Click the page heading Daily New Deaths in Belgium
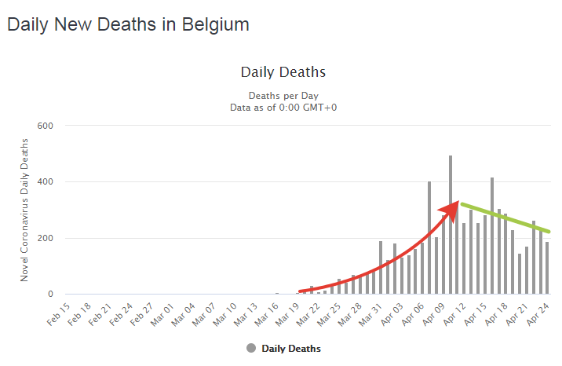pos(128,24)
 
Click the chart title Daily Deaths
pos(283,72)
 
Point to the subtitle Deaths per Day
pos(283,96)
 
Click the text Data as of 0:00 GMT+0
pos(283,107)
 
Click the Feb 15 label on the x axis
pos(58,313)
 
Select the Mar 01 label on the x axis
pos(163,313)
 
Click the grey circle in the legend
pos(251,348)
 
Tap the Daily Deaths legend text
pos(291,348)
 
